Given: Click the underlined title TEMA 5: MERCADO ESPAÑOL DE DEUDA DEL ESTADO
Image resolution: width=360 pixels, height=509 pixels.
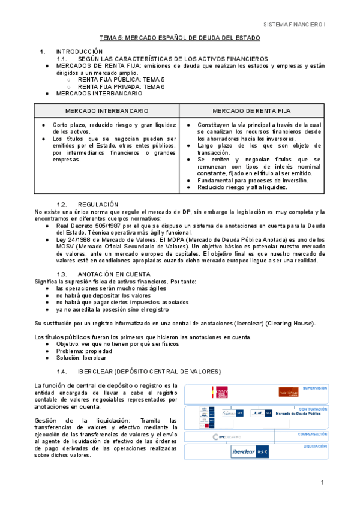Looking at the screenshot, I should (x=179, y=38).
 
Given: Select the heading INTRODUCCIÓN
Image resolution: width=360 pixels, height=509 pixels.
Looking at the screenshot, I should (x=79, y=52).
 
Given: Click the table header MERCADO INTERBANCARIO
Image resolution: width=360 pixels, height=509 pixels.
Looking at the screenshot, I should (x=107, y=111).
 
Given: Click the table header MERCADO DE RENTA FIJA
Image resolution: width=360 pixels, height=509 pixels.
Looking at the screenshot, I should (x=253, y=111).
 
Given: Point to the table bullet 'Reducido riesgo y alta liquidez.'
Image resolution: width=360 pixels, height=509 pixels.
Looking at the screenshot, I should (x=242, y=187).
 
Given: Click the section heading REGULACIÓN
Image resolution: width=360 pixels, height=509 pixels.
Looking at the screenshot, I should (x=98, y=205).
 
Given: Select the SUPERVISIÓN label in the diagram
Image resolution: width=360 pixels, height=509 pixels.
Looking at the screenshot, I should (x=314, y=388).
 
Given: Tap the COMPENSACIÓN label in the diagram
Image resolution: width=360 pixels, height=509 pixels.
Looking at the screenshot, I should (x=312, y=433).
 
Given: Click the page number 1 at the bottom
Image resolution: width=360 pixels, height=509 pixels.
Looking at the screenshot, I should (x=322, y=483).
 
